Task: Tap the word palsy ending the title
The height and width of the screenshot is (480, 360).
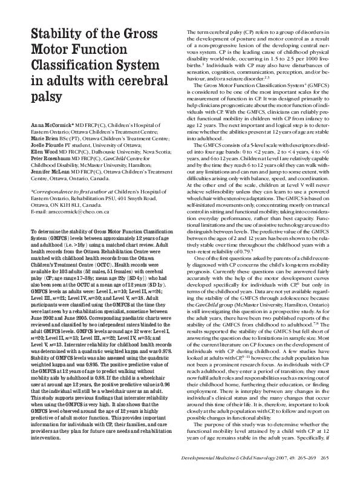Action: pos(44,96)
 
